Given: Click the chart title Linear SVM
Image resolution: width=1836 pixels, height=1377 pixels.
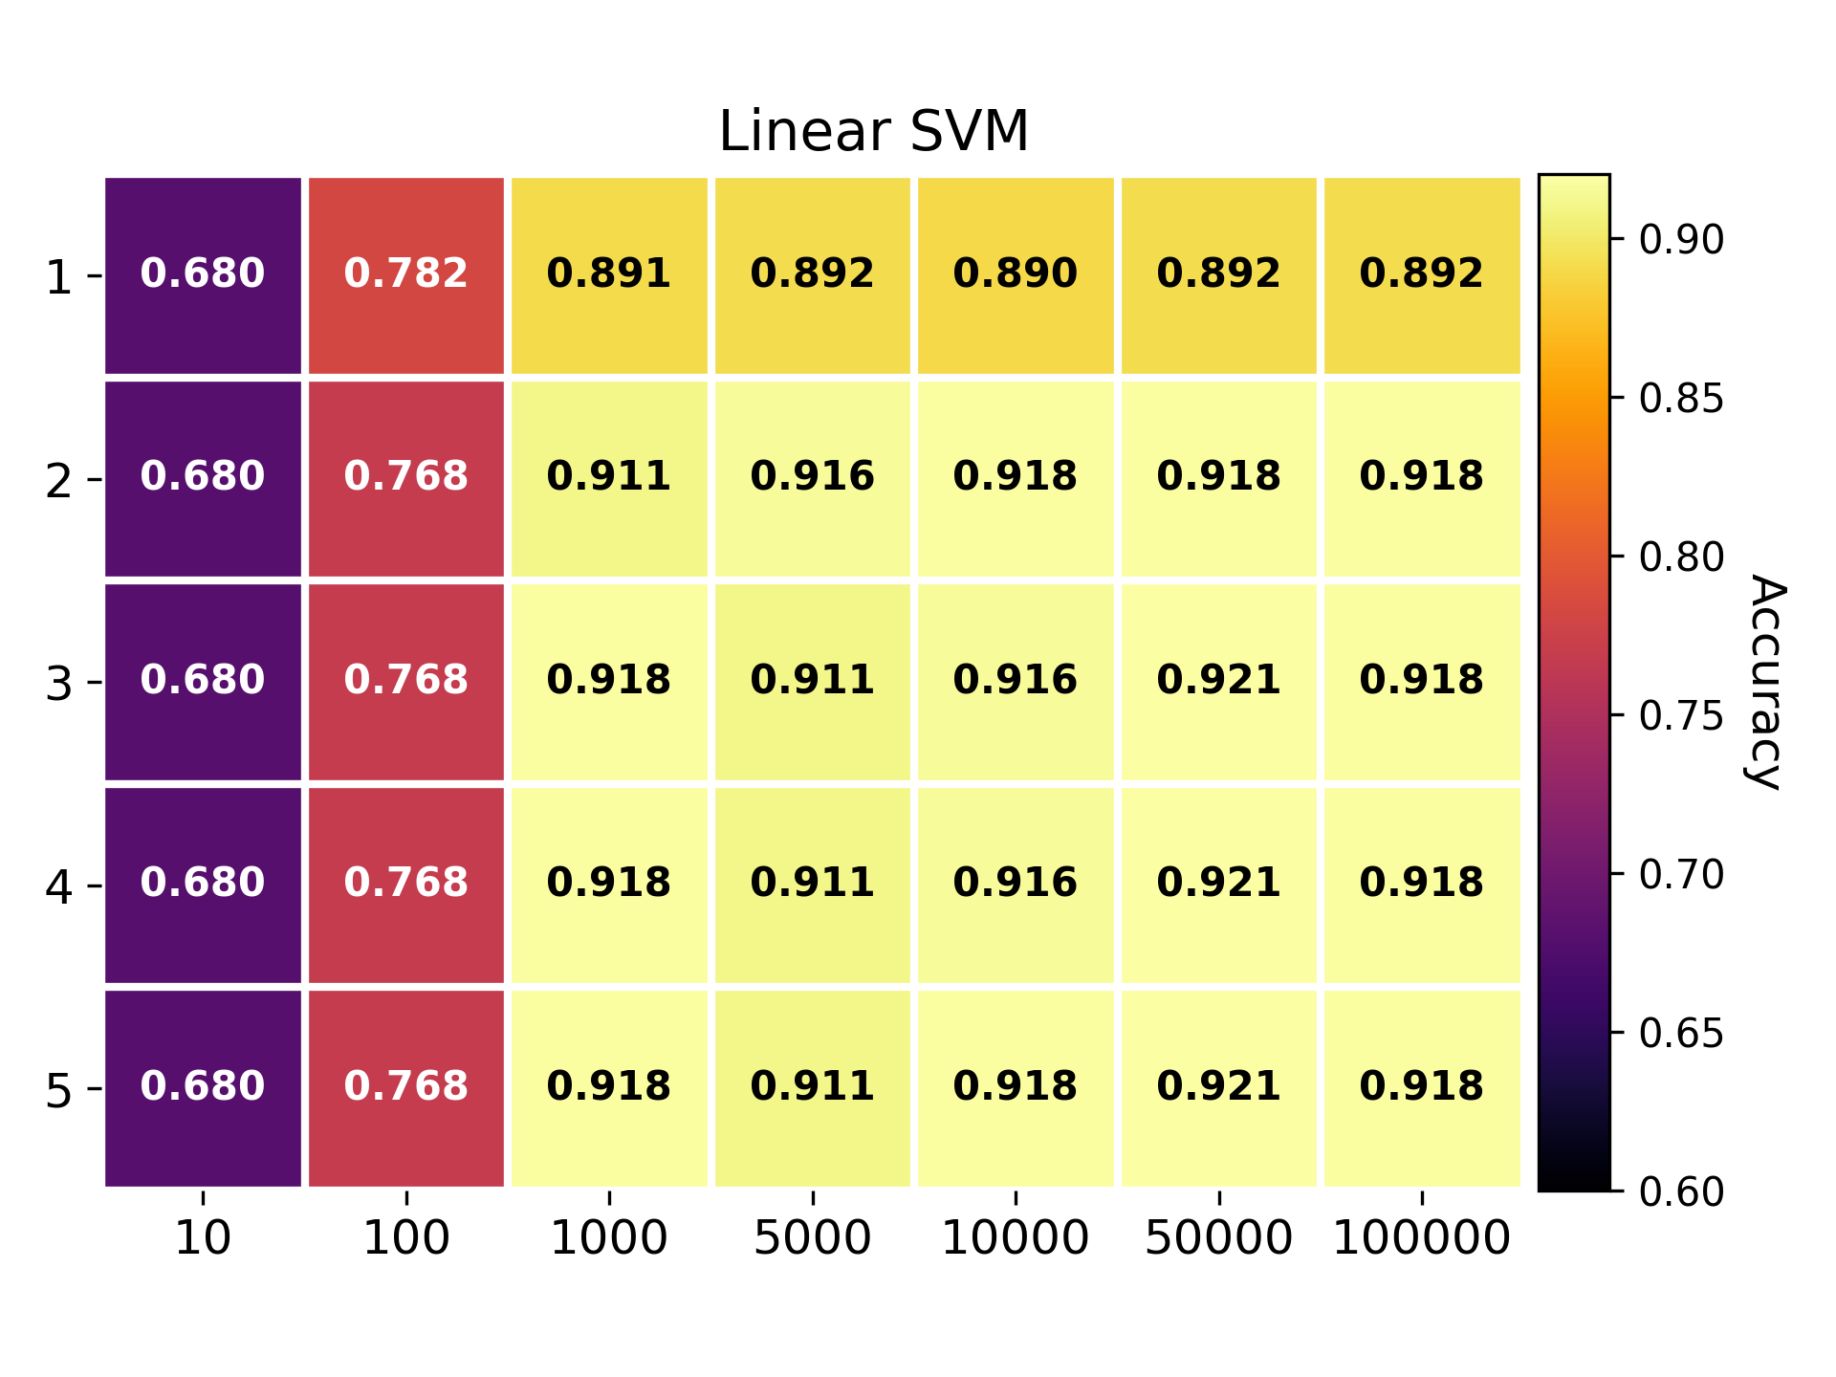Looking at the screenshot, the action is click(x=873, y=131).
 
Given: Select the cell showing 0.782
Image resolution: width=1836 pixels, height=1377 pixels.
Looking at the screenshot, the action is click(x=406, y=275).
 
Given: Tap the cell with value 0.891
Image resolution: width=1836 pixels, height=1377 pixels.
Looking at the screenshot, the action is click(x=609, y=275).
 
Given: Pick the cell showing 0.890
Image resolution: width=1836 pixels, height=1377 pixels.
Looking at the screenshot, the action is click(x=1016, y=275).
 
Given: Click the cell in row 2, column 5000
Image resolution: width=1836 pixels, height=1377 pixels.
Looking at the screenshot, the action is click(x=813, y=479).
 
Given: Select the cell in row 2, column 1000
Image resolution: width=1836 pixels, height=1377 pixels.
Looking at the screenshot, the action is click(x=609, y=479).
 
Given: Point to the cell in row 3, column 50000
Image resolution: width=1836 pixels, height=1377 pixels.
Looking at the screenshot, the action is click(x=1219, y=682).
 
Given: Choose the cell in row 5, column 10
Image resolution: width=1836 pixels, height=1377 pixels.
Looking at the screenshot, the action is click(x=203, y=1088).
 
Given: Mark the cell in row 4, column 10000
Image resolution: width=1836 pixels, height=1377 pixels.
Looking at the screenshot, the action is click(x=1016, y=885).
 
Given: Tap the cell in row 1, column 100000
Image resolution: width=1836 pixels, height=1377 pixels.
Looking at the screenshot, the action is click(x=1422, y=275).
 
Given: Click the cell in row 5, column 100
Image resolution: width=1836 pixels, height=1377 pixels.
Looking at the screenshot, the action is click(x=406, y=1088).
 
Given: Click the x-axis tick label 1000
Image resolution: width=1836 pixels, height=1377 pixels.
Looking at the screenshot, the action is click(x=609, y=1238).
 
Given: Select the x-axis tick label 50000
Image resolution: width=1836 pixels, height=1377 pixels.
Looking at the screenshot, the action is click(x=1219, y=1238).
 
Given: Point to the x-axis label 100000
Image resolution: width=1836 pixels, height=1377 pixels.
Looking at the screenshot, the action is click(x=1422, y=1238).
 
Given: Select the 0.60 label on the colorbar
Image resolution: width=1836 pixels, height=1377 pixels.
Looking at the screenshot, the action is click(x=1681, y=1191).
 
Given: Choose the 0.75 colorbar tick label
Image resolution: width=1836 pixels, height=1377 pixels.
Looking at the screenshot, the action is click(x=1681, y=715).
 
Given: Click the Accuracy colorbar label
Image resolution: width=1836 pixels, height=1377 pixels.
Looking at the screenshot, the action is click(x=1767, y=682).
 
